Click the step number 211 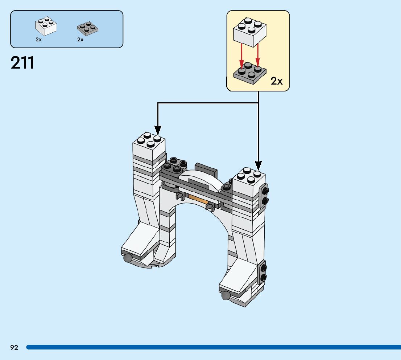click(22, 63)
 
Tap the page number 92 click(14, 348)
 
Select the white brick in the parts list click(46, 26)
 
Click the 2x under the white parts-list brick click(38, 40)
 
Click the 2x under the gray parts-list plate click(80, 40)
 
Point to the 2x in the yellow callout click(276, 81)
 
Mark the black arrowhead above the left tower click(158, 130)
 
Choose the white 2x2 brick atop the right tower click(249, 181)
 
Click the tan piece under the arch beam click(198, 199)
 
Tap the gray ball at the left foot click(128, 258)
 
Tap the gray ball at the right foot click(226, 295)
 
